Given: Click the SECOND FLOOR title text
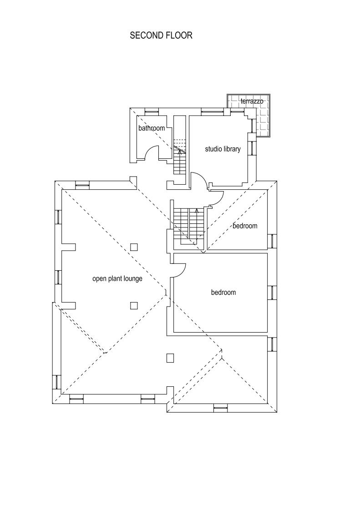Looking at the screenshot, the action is click(161, 35).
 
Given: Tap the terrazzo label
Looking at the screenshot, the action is click(252, 101).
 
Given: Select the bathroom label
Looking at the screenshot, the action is click(152, 128).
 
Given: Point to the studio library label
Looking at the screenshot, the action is click(223, 149).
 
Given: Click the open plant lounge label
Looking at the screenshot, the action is click(117, 279).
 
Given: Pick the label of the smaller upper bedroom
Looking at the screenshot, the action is click(245, 226).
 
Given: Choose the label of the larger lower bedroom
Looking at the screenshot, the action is click(223, 293).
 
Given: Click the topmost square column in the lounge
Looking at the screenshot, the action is click(134, 247).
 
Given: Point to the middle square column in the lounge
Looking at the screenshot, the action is click(134, 306).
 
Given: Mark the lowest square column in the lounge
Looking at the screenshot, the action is click(170, 358).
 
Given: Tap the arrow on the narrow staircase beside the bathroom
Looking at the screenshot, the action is click(180, 156).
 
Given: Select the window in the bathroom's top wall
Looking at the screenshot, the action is click(152, 112).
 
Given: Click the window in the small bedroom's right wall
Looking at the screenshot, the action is click(272, 241).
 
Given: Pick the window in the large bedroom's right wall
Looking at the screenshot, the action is click(272, 293).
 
